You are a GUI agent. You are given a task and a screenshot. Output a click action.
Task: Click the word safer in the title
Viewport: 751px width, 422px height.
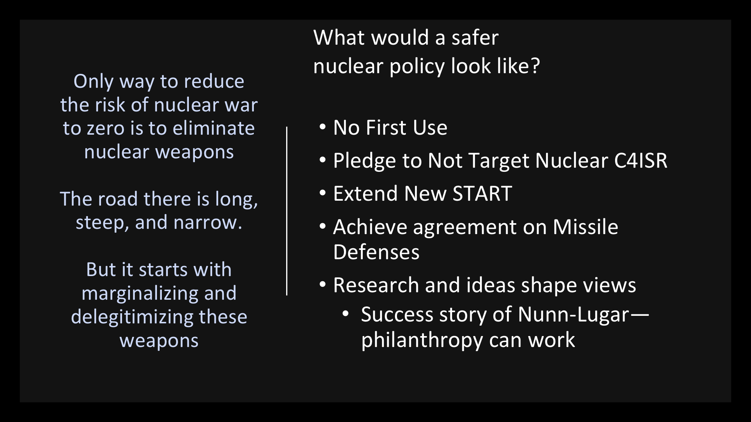click(475, 38)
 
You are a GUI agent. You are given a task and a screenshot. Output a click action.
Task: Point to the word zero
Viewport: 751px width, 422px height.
click(106, 129)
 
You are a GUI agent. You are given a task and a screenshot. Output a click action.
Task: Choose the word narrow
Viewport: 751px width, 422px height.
click(208, 223)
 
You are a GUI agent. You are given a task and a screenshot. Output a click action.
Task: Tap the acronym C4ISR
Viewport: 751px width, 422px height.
click(641, 161)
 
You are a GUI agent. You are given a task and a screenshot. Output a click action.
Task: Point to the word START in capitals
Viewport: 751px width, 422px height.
click(482, 194)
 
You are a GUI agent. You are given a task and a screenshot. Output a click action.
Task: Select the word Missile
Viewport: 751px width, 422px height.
click(585, 227)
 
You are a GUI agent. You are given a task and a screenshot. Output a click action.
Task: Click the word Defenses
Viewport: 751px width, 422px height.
click(376, 252)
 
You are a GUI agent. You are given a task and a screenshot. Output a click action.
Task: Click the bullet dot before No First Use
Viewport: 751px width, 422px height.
click(323, 127)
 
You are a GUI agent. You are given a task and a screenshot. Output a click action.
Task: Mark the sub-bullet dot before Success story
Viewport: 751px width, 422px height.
click(346, 314)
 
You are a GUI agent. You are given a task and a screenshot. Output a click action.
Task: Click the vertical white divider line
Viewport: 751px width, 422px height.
click(287, 211)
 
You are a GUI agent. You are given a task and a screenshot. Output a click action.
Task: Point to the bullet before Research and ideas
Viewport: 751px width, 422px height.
click(323, 285)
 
